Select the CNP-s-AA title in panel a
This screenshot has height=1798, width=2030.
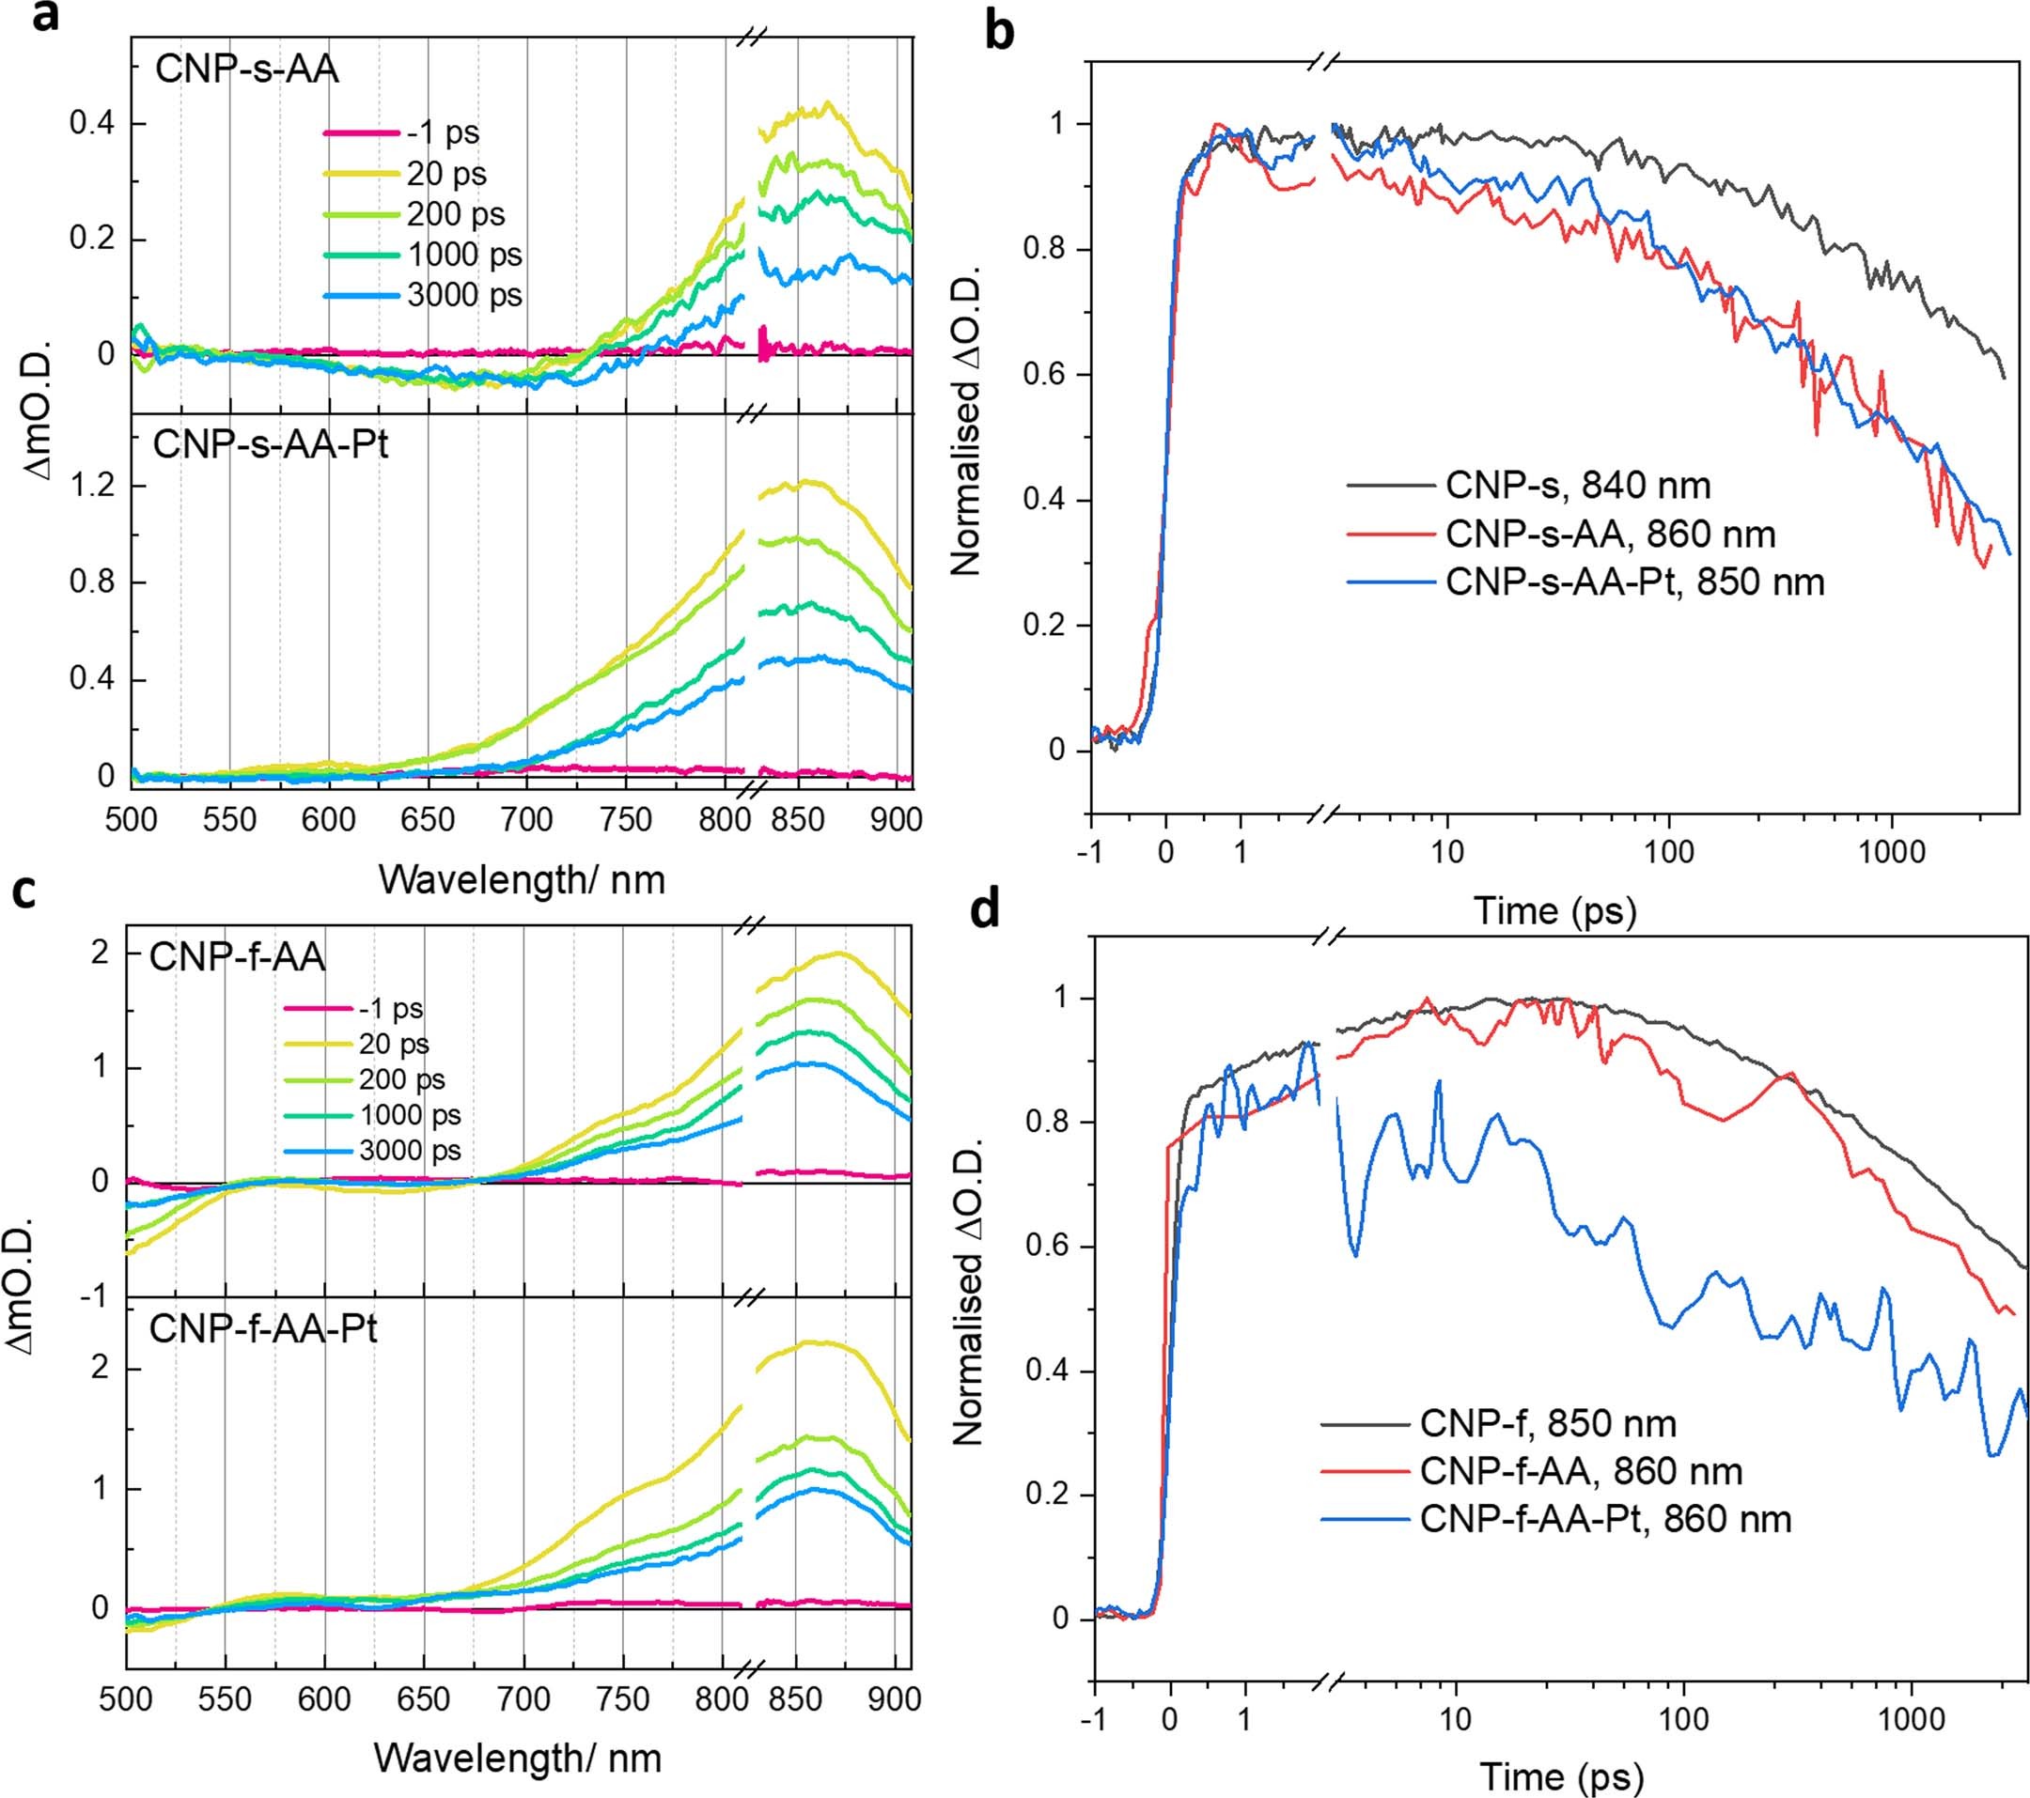246,70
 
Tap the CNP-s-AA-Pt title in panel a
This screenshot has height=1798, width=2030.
270,442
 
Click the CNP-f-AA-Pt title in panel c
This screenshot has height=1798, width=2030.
262,1327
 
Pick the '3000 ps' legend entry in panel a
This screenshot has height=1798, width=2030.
464,295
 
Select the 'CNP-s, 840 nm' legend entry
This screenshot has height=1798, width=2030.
1578,486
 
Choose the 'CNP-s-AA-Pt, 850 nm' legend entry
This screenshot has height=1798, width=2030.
1634,581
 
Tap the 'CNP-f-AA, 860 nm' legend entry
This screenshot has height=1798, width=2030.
1581,1470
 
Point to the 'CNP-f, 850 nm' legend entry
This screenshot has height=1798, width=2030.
1548,1423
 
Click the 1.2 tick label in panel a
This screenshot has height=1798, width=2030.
92,487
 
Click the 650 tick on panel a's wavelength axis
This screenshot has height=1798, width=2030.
427,820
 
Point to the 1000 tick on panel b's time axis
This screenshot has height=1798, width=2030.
1891,852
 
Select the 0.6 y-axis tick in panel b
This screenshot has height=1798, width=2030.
1044,375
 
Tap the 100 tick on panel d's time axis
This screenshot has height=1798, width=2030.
1684,1717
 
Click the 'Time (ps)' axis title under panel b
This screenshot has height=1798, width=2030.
1554,909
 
